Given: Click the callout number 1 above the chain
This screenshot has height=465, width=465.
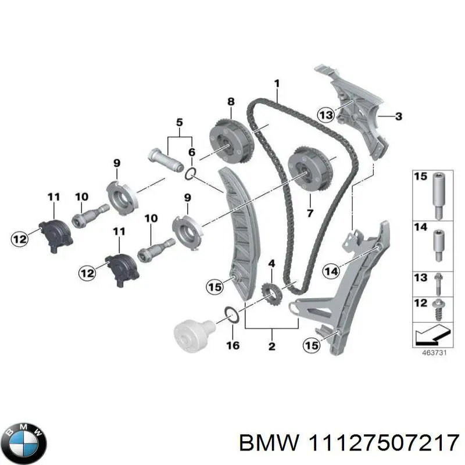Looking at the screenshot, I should coord(277,84).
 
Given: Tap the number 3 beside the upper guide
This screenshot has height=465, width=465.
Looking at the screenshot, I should coord(398,117).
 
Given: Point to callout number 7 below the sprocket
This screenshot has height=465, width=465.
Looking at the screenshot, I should coord(310,213).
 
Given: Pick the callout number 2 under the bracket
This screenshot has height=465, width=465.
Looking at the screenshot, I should coord(271,348).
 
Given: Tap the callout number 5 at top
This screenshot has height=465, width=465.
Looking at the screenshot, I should coord(179,123).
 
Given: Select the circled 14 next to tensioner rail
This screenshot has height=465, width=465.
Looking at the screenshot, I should coord(331,270).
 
